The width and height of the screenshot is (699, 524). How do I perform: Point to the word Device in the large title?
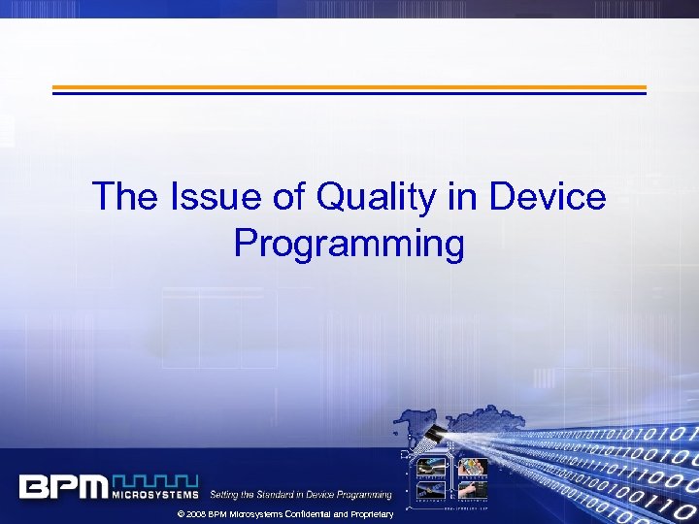(x=548, y=198)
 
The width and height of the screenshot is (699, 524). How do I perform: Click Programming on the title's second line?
(x=349, y=244)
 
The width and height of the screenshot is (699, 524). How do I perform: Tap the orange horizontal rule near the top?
(x=349, y=86)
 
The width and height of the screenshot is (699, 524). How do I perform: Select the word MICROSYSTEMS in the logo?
(x=156, y=494)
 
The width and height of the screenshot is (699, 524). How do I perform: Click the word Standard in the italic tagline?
(x=283, y=495)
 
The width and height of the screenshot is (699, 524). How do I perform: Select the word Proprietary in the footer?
(x=373, y=514)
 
